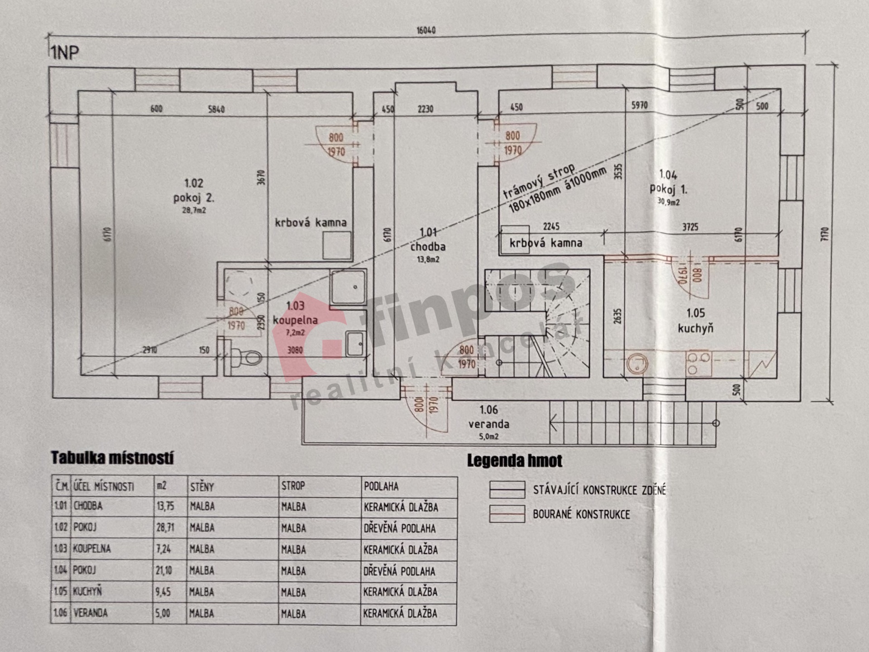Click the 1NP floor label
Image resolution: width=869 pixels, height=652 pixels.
click(x=64, y=53)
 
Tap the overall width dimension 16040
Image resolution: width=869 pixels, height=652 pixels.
click(x=426, y=30)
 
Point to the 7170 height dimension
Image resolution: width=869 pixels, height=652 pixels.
click(x=824, y=234)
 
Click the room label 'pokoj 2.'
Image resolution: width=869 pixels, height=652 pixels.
click(x=194, y=198)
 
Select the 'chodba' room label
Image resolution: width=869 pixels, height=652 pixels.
click(x=428, y=247)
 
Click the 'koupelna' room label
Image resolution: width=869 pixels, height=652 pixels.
click(x=295, y=320)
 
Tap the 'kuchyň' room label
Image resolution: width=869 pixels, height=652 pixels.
click(x=695, y=328)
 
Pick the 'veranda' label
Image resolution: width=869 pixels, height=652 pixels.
click(x=488, y=424)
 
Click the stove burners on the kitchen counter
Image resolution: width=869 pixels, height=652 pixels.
click(x=698, y=364)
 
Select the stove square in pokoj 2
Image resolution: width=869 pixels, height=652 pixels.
click(x=337, y=245)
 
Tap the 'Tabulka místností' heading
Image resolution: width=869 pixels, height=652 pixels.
click(x=112, y=458)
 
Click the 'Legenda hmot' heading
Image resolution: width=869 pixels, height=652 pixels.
click(x=515, y=461)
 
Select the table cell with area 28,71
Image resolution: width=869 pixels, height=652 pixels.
click(x=165, y=527)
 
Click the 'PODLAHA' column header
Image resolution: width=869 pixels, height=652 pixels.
click(x=381, y=487)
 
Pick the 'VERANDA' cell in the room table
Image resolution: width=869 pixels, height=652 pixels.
click(x=91, y=613)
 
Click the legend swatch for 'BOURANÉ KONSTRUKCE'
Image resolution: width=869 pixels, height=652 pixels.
click(x=507, y=514)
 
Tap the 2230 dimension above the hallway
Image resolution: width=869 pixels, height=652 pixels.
click(x=425, y=109)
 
